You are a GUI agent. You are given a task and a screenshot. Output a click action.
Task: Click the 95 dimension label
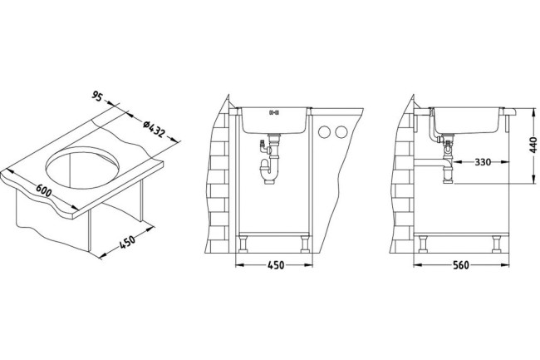pos(96,98)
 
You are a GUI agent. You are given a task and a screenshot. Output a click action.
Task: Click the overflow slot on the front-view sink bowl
pos(276,112)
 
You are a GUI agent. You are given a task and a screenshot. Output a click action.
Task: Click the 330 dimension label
pos(482,162)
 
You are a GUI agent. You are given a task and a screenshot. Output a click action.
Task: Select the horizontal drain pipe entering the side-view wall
pos(432,160)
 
